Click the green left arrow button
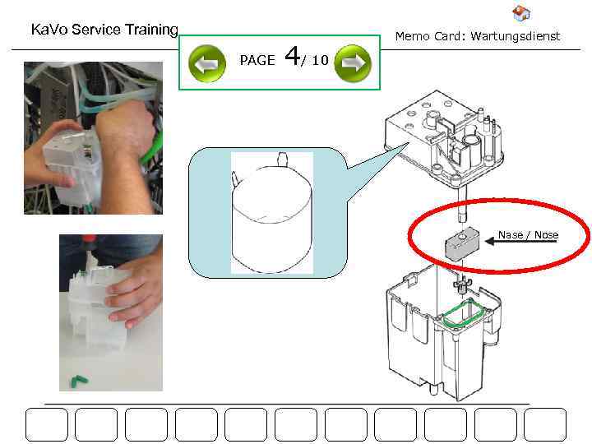pos(206,63)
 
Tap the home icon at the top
pos(520,13)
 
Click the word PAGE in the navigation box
pos(257,61)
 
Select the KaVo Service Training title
pos(104,30)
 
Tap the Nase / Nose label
pos(528,235)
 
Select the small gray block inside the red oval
pos(456,244)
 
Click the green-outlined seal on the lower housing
pos(465,314)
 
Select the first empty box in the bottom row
pos(46,425)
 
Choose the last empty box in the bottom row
pos(545,425)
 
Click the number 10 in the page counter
pos(320,61)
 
